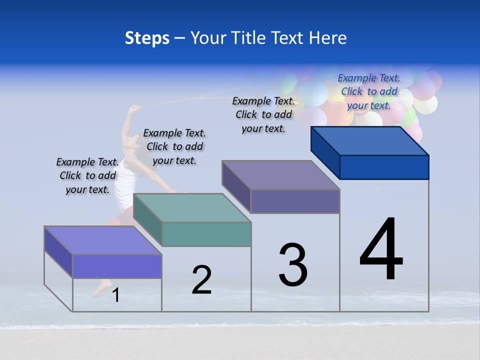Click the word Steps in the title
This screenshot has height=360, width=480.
pos(147,38)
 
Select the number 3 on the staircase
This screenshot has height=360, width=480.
pos(293,264)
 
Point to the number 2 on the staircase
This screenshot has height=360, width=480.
pos(202,280)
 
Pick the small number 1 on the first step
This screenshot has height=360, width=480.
pos(116,295)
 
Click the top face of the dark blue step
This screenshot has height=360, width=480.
pos(370,140)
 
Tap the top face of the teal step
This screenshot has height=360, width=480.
pos(192,207)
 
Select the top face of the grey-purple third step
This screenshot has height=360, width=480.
pos(281,175)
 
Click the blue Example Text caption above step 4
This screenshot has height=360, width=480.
pos(369,91)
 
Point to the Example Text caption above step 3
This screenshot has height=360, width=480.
pos(263,114)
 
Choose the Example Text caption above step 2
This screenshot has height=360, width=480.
pos(174,146)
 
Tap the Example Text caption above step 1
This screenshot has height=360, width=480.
pos(87,175)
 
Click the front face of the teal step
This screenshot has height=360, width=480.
pos(206,234)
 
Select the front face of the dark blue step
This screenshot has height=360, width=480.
pos(384,167)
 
